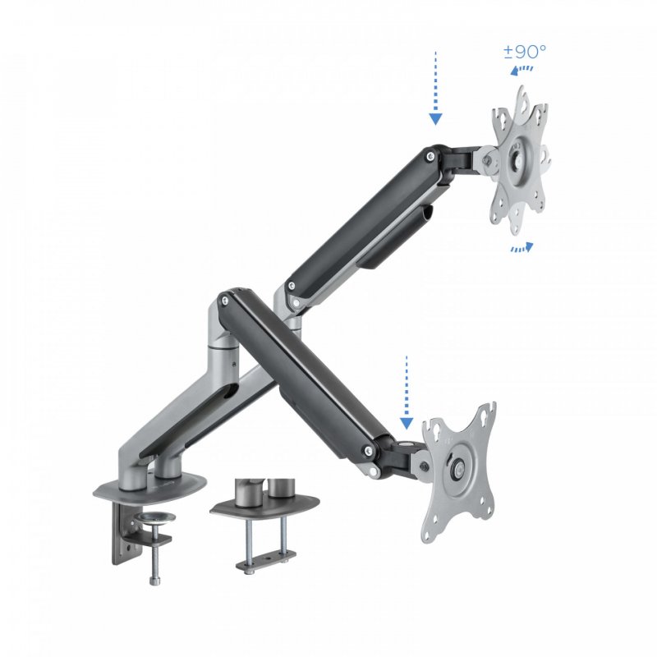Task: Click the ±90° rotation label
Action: coord(525,52)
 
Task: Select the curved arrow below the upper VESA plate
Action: coord(521,247)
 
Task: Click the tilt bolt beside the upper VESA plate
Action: coord(490,161)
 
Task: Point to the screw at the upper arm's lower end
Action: coord(289,285)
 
